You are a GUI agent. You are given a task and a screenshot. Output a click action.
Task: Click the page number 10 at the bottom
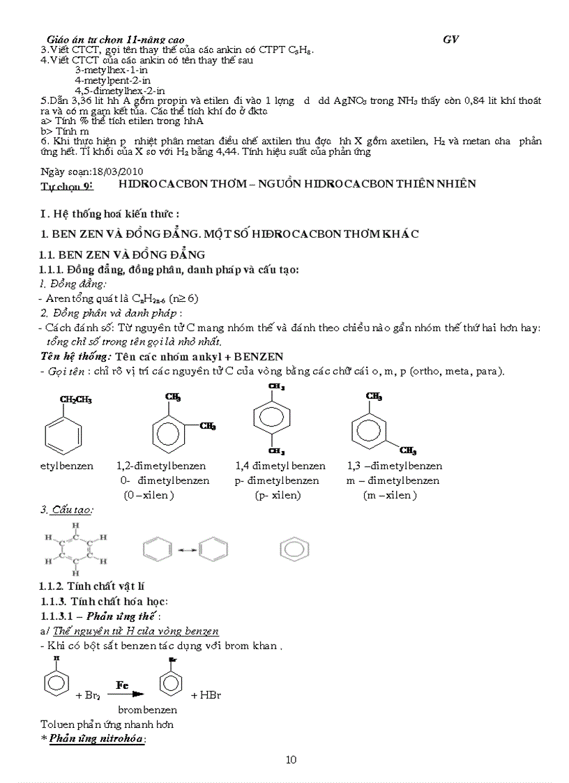click(291, 759)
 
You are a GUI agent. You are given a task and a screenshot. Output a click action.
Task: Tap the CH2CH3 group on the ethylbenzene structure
click(76, 400)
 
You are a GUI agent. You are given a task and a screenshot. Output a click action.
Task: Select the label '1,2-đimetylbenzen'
click(161, 466)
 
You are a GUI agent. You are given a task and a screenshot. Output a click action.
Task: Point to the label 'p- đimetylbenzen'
click(277, 480)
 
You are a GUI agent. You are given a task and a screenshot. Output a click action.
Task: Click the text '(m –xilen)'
click(390, 495)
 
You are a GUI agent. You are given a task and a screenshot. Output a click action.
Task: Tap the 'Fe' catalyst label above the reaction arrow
click(123, 685)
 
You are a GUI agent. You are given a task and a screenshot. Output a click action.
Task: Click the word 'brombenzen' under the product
click(147, 710)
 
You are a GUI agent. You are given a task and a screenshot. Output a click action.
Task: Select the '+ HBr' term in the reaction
click(206, 695)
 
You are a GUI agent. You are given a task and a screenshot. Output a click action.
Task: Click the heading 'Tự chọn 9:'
click(67, 185)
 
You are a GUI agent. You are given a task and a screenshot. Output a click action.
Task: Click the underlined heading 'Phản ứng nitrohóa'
click(97, 739)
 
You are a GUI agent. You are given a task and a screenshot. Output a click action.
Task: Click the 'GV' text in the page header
click(450, 40)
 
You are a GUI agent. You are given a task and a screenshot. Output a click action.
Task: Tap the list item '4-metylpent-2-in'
click(113, 80)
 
